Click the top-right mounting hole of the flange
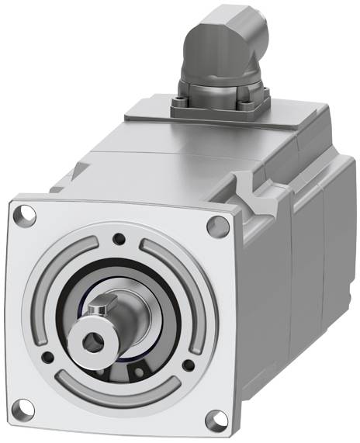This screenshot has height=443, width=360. coord(218,225)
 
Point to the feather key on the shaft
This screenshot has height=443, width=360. coord(99,311)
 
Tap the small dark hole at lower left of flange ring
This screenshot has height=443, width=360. coord(48,357)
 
